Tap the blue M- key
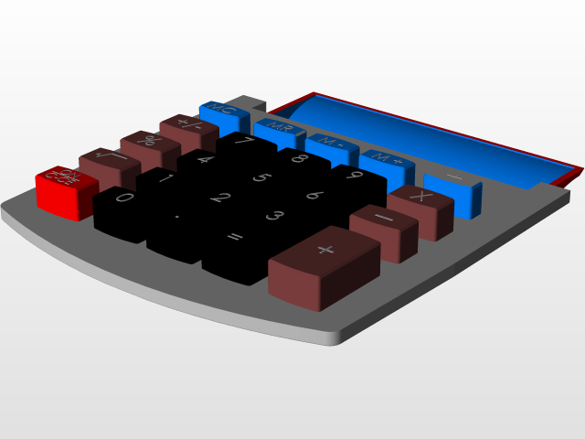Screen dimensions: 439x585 pyautogui.click(x=332, y=145)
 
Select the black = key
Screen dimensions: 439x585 pyautogui.click(x=236, y=241)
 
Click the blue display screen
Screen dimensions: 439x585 pyautogui.click(x=430, y=137)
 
